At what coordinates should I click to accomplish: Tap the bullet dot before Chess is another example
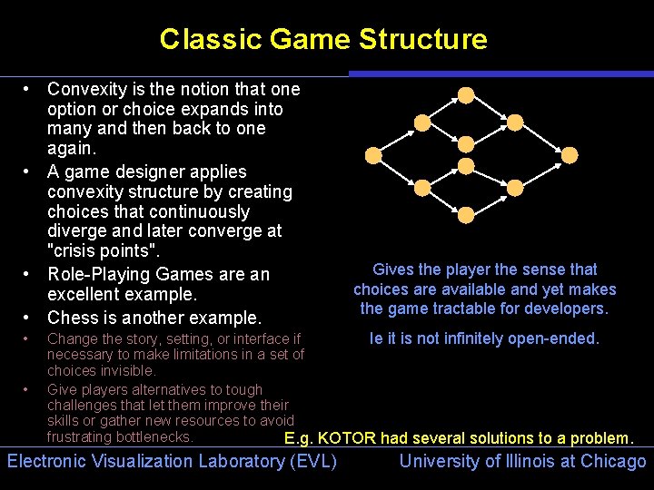(x=29, y=318)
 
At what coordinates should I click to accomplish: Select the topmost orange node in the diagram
(x=466, y=94)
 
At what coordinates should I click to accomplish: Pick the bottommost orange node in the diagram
(x=466, y=214)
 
